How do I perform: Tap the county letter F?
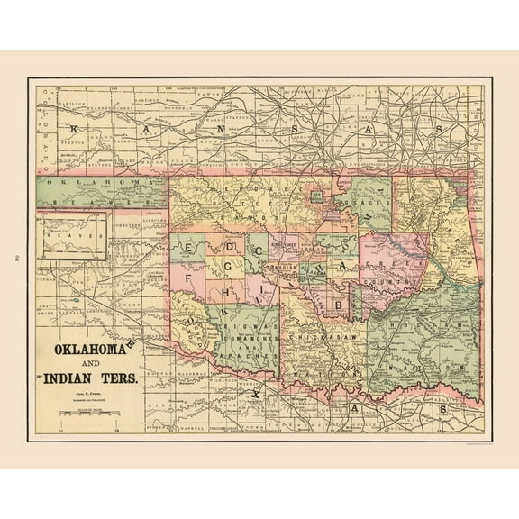[189, 278]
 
